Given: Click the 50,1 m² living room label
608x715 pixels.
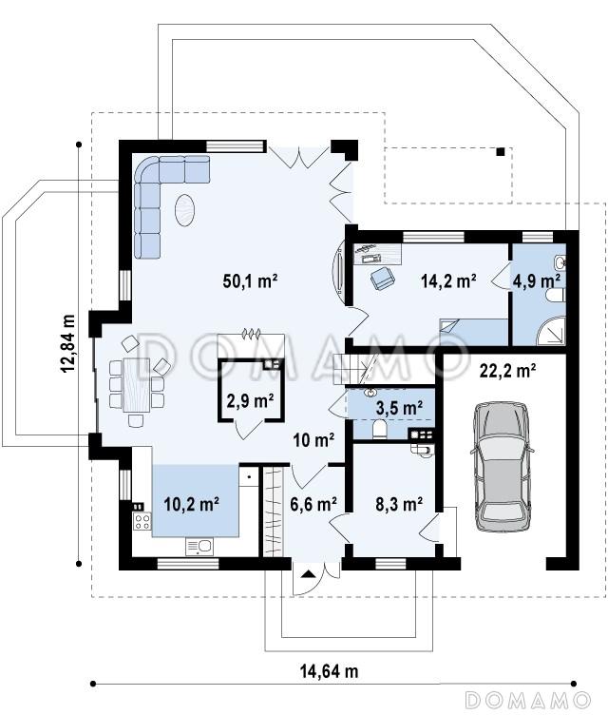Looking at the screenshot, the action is click(250, 280).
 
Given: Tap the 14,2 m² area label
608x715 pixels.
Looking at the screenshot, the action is click(448, 280).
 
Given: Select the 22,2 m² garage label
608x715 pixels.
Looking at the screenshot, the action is click(507, 370).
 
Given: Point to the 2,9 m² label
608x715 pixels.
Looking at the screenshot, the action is click(250, 401).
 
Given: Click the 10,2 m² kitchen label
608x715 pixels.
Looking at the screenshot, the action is click(191, 504).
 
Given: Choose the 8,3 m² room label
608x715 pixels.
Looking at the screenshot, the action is click(399, 504).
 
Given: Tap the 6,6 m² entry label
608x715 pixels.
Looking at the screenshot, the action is click(313, 504).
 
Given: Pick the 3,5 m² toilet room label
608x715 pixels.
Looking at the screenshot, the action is click(399, 407).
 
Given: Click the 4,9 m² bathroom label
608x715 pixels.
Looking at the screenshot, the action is click(537, 280).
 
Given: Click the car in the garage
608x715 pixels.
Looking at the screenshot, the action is click(501, 467).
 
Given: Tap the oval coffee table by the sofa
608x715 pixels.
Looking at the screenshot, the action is click(186, 210).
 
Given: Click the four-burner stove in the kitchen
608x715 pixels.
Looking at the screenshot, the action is click(142, 522).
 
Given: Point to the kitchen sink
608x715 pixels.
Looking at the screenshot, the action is click(199, 546).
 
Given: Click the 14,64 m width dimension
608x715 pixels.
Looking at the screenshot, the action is click(329, 671).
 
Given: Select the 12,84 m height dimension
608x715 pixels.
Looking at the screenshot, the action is click(68, 343).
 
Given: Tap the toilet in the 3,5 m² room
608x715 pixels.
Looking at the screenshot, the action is click(379, 429).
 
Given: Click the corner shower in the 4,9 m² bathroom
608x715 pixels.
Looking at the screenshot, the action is click(551, 331).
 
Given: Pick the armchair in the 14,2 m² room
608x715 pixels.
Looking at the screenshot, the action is click(383, 278).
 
